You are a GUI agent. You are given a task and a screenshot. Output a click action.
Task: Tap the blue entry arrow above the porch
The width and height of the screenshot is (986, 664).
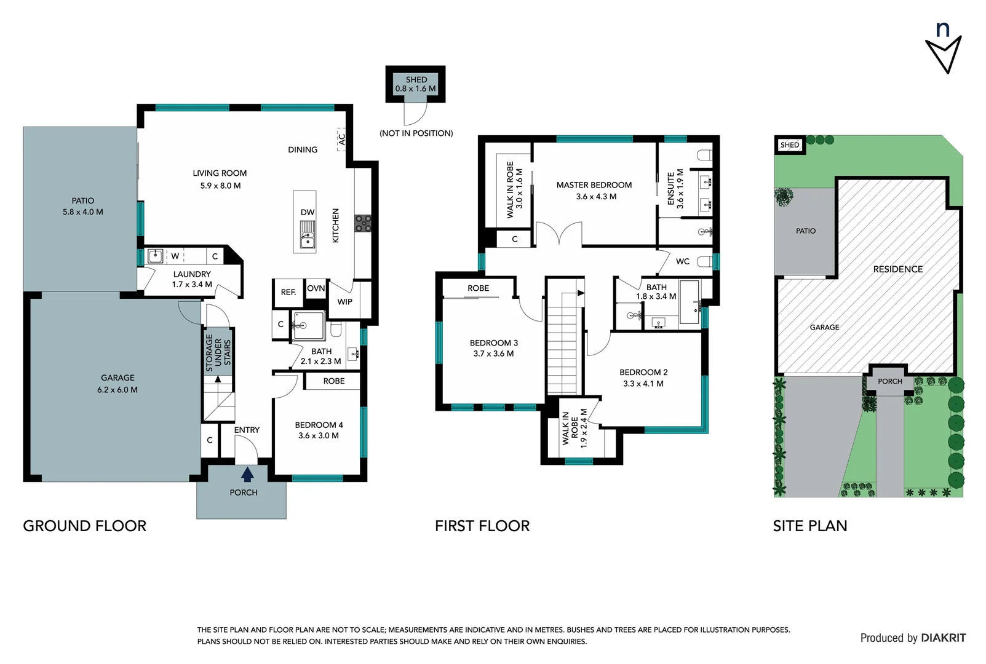point(247,474)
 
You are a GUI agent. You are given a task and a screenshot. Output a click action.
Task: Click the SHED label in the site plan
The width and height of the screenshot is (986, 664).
point(789,145)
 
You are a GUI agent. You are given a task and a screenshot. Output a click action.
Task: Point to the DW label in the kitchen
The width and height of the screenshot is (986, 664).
point(308,212)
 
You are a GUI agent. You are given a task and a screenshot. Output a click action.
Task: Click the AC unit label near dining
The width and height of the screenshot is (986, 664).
point(342,140)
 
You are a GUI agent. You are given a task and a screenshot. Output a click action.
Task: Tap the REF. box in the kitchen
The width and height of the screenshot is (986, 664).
point(288,293)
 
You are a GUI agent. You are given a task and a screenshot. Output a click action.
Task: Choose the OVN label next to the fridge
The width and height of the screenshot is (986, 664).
point(316,288)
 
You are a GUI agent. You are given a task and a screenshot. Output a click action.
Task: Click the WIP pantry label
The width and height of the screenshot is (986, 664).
point(345,302)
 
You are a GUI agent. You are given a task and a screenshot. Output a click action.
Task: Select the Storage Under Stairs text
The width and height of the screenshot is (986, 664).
point(218,353)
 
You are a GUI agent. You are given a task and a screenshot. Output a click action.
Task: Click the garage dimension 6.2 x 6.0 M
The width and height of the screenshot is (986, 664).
point(117,390)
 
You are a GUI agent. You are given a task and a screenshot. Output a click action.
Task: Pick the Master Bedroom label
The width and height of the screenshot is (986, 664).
point(594,184)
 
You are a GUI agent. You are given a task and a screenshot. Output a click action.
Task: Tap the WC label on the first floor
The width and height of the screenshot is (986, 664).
point(683,261)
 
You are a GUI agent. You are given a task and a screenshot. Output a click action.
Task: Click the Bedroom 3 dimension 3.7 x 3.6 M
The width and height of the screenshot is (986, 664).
point(493,354)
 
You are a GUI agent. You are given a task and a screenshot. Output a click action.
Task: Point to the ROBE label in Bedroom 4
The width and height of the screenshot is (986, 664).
point(334,381)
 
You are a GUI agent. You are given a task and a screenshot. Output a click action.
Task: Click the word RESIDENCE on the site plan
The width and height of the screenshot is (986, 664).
point(897,269)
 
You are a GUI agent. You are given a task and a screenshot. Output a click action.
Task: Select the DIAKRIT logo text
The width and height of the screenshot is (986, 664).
point(943,638)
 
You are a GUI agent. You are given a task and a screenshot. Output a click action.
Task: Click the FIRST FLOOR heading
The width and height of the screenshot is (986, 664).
point(482,526)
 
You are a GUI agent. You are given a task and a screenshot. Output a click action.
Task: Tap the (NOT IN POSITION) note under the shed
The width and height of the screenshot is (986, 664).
point(416,133)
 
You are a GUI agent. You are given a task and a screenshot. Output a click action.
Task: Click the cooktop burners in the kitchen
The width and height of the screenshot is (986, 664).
point(363,223)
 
